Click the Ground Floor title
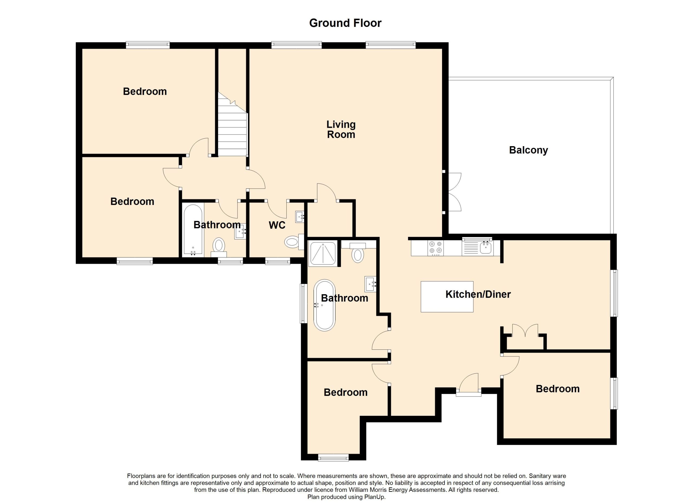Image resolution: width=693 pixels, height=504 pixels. pos(345,23)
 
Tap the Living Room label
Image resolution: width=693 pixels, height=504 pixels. pos(341,129)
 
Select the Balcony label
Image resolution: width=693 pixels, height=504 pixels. pos(528,150)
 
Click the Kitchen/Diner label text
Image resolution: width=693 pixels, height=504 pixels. pos(478,294)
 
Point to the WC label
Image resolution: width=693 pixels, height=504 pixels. pos(277,225)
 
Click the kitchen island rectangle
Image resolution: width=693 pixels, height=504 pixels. pos(447,297)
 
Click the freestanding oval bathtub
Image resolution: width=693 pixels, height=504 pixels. pos(324,305)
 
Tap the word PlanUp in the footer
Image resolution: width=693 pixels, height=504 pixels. pos(375,497)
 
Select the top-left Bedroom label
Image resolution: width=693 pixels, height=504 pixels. pos(145,91)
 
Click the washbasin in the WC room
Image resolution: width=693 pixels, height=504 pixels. pos(300,217)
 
